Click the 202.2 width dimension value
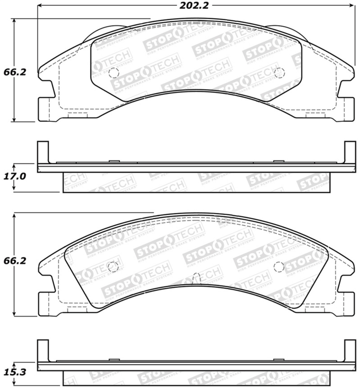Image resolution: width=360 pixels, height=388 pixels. pyautogui.click(x=194, y=5)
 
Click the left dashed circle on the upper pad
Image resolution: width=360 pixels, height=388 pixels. pyautogui.click(x=113, y=73)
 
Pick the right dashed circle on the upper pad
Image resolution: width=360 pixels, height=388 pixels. pyautogui.click(x=279, y=72)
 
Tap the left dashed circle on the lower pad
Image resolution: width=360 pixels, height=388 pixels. pyautogui.click(x=113, y=267)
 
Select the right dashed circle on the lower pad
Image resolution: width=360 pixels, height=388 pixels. pyautogui.click(x=278, y=266)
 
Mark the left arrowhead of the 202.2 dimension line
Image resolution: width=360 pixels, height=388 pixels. pyautogui.click(x=39, y=6)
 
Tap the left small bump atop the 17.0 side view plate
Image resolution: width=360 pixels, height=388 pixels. pyautogui.click(x=114, y=161)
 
